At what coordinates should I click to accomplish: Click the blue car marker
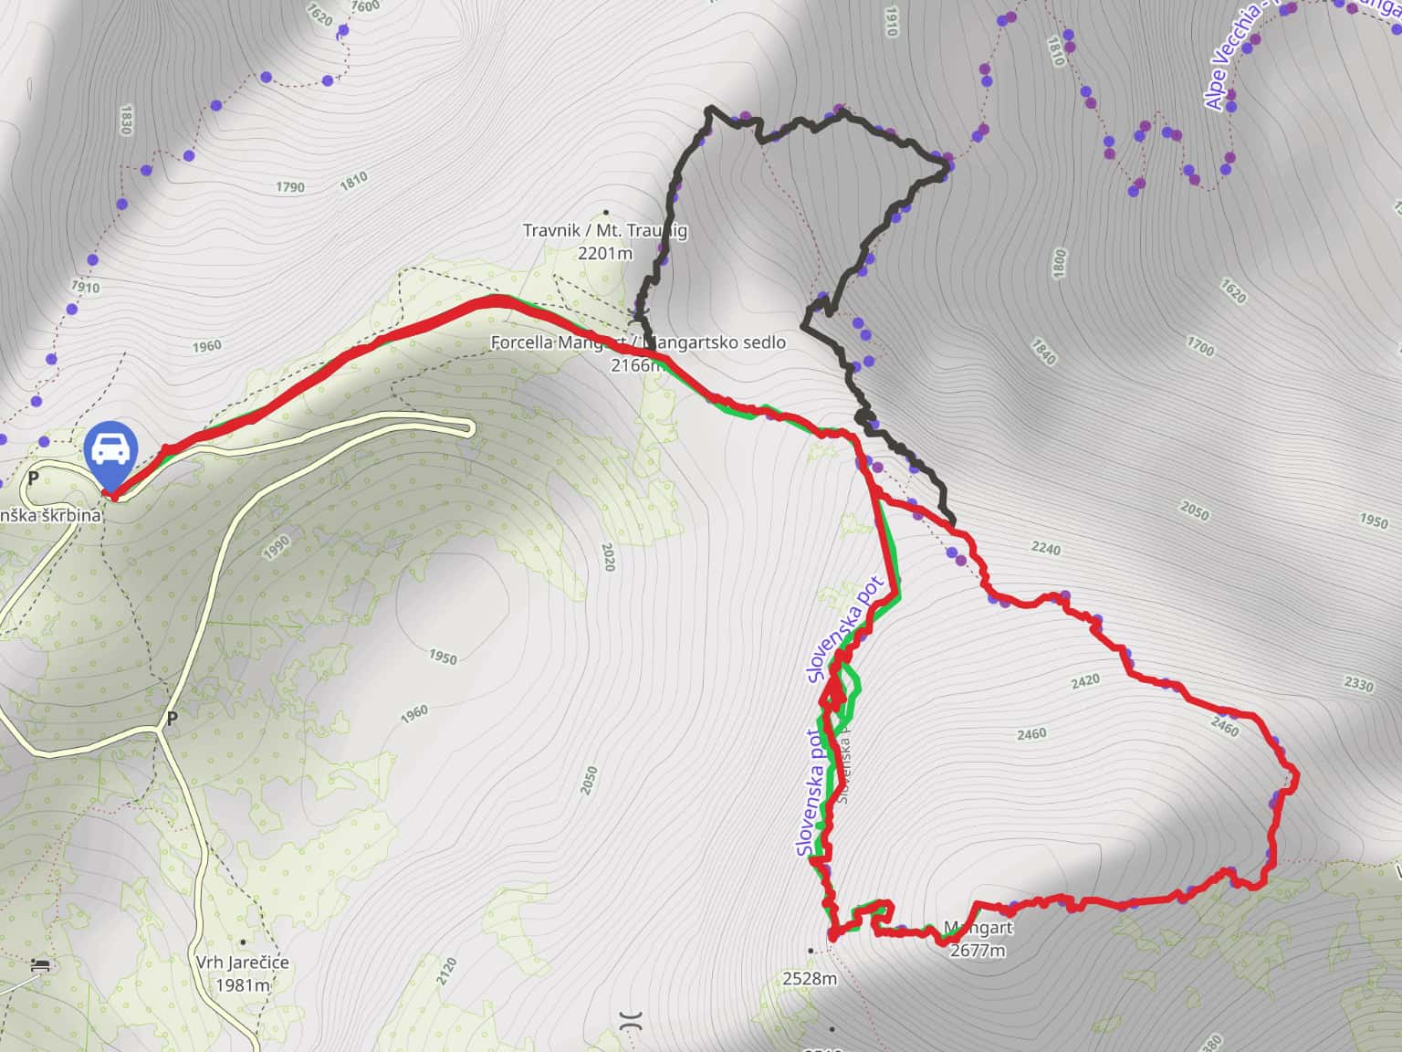click(110, 451)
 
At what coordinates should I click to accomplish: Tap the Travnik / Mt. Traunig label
click(604, 230)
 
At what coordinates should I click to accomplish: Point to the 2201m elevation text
click(604, 252)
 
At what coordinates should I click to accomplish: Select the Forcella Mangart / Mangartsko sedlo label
click(638, 342)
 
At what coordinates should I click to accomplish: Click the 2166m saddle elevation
click(637, 365)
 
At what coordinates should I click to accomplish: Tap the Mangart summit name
click(978, 929)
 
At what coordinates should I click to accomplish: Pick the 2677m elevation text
click(978, 951)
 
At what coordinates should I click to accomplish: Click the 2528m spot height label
click(810, 979)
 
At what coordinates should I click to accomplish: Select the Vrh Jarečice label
click(242, 963)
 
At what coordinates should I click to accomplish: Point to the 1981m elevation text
click(243, 985)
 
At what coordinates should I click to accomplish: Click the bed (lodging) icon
click(39, 964)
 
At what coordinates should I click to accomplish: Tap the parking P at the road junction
click(172, 719)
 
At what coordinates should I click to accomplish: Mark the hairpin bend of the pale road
click(470, 426)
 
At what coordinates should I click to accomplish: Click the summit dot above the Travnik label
click(605, 212)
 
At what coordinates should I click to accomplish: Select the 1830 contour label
click(126, 120)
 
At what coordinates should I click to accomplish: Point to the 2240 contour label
click(1046, 549)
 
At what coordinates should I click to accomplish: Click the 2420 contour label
click(1085, 681)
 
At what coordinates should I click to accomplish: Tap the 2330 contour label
click(1358, 685)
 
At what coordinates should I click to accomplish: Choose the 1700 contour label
click(1200, 347)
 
